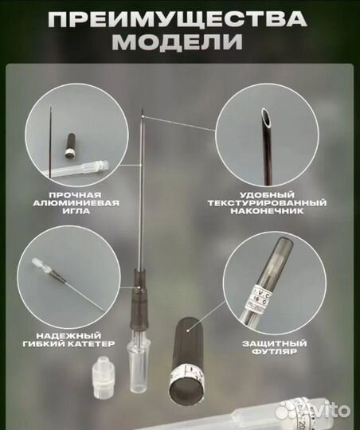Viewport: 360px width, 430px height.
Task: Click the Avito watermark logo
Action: point(315,411)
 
